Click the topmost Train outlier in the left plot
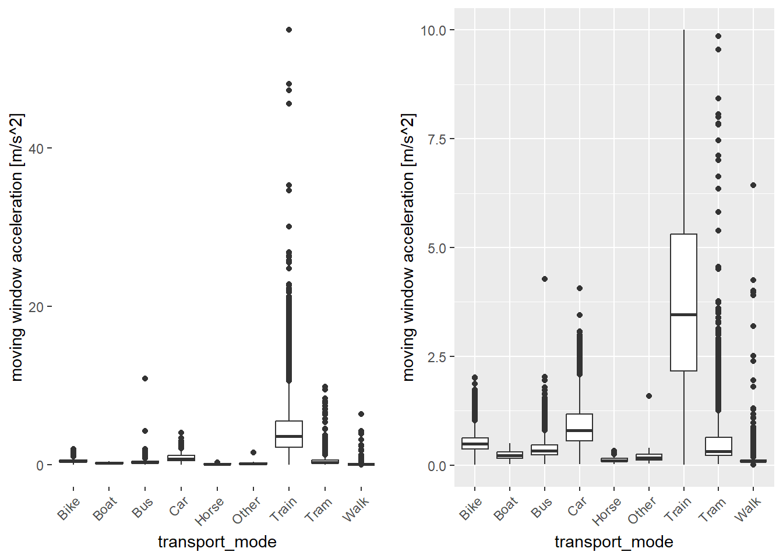click(289, 30)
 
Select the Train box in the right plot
click(683, 302)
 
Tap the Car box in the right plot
click(579, 427)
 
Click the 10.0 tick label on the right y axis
click(433, 30)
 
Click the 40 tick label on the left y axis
click(36, 148)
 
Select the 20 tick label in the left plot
click(36, 307)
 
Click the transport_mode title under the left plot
click(217, 542)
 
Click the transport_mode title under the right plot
click(613, 542)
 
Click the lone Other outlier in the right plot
click(649, 396)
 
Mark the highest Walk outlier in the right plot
click(753, 185)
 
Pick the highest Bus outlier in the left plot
click(145, 378)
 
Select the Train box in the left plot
click(289, 434)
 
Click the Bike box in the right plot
click(475, 443)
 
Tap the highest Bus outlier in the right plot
click(545, 279)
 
